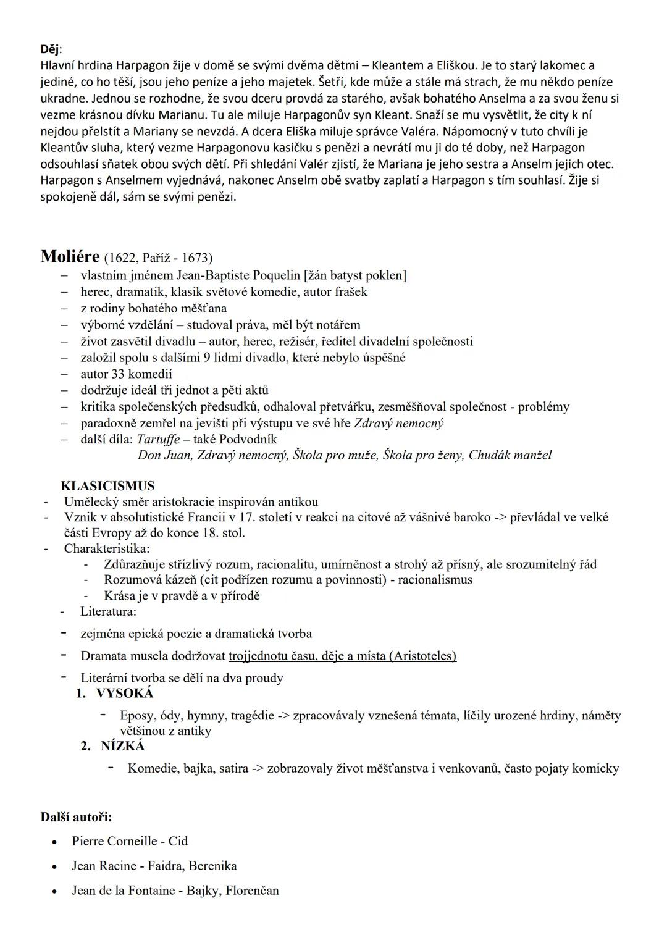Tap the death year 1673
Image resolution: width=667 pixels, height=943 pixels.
point(195,258)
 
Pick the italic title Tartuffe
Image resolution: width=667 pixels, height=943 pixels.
point(158,439)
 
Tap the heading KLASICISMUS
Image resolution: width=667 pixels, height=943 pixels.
point(107,486)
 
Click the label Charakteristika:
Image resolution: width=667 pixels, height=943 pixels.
point(107,548)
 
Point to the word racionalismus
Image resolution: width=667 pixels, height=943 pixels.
point(435,579)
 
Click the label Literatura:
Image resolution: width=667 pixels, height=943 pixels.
point(108,611)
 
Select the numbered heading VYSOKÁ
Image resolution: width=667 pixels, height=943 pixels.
point(124,693)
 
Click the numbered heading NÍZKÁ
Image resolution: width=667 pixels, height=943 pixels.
point(123,746)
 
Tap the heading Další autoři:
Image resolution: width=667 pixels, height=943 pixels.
point(76,817)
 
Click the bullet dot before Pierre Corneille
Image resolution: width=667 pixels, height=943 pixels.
point(56,842)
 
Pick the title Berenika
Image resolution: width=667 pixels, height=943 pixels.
point(212,866)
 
